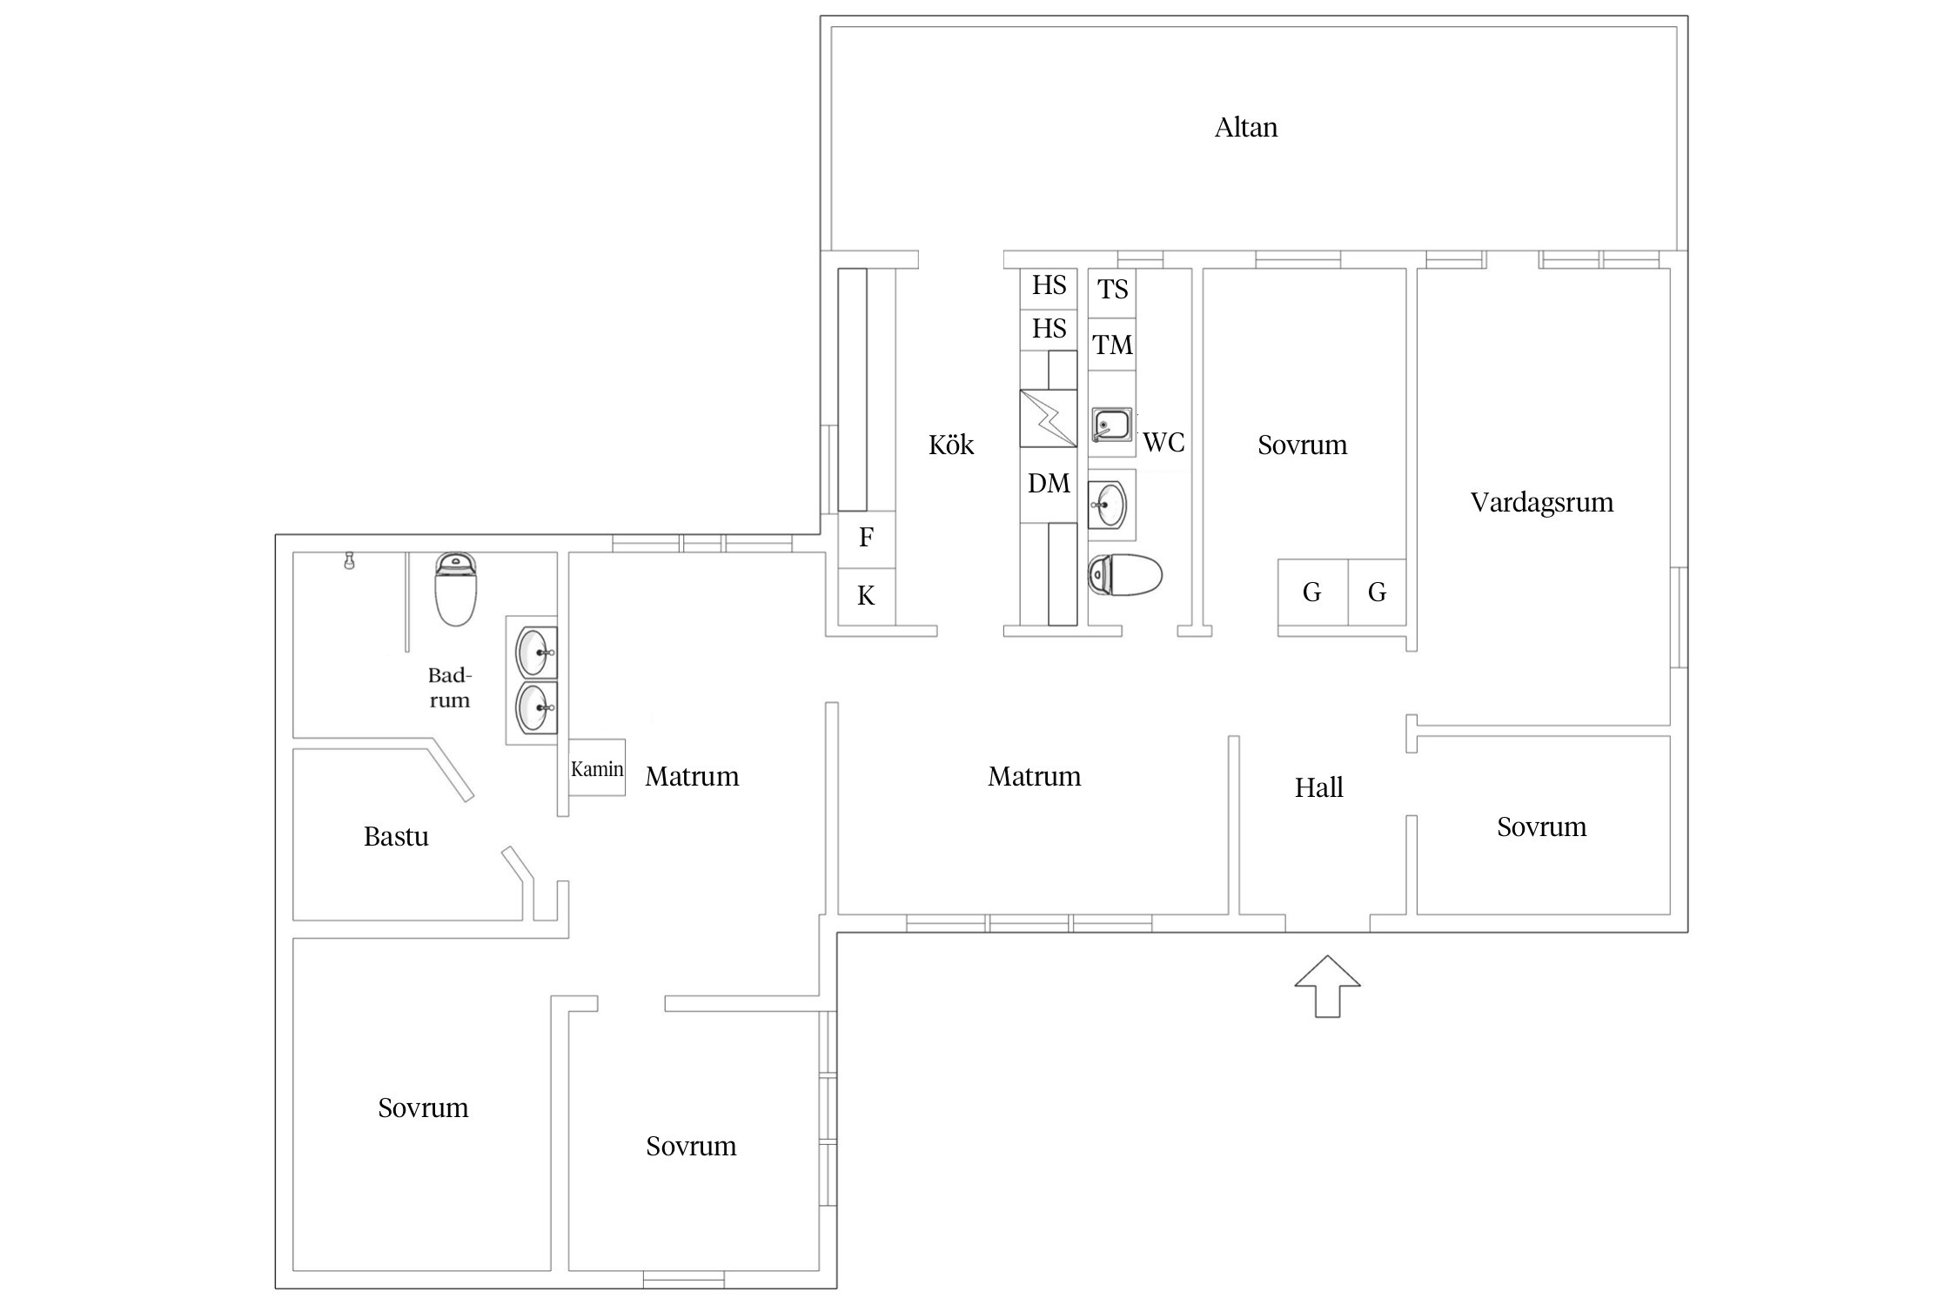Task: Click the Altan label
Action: pyautogui.click(x=1246, y=128)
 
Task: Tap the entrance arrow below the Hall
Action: pyautogui.click(x=1327, y=986)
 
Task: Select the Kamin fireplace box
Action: pyautogui.click(x=597, y=767)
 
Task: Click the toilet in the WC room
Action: pyautogui.click(x=1125, y=574)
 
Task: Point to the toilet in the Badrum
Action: pyautogui.click(x=456, y=589)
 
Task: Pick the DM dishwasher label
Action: pyautogui.click(x=1049, y=484)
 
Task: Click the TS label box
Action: pyautogui.click(x=1112, y=290)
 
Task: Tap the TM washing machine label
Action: pyautogui.click(x=1113, y=345)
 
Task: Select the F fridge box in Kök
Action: pyautogui.click(x=866, y=539)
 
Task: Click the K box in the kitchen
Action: pyautogui.click(x=866, y=597)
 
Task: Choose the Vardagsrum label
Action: pyautogui.click(x=1542, y=503)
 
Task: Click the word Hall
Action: pyautogui.click(x=1318, y=788)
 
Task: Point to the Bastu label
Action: pyautogui.click(x=396, y=837)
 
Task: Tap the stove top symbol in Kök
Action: pyautogui.click(x=1048, y=418)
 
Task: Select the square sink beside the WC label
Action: pyautogui.click(x=1112, y=425)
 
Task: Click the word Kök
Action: pyautogui.click(x=951, y=445)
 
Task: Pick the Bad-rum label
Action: pyautogui.click(x=449, y=688)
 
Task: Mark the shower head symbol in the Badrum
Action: pyautogui.click(x=349, y=559)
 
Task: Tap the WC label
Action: pyautogui.click(x=1163, y=443)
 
